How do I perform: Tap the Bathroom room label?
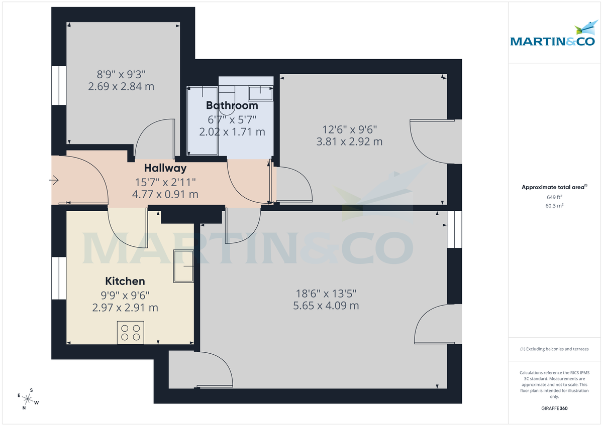pyautogui.click(x=232, y=105)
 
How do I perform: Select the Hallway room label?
pyautogui.click(x=165, y=168)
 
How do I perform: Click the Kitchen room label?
pyautogui.click(x=125, y=281)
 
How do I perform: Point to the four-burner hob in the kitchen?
pyautogui.click(x=131, y=333)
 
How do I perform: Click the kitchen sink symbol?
pyautogui.click(x=183, y=266)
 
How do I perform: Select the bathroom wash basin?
pyautogui.click(x=261, y=92)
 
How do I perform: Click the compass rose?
pyautogui.click(x=28, y=399)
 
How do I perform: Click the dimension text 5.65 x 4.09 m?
pyautogui.click(x=326, y=306)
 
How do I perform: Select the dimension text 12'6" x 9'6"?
pyautogui.click(x=349, y=128)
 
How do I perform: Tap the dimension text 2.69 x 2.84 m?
pyautogui.click(x=121, y=87)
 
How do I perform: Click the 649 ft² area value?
pyautogui.click(x=554, y=197)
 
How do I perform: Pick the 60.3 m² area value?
pyautogui.click(x=554, y=206)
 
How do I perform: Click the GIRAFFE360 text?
pyautogui.click(x=554, y=408)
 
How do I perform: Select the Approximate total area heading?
pyautogui.click(x=554, y=187)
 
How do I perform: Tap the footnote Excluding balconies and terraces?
pyautogui.click(x=554, y=349)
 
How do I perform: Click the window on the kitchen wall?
pyautogui.click(x=59, y=278)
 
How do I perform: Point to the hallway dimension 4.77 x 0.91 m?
pyautogui.click(x=165, y=194)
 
